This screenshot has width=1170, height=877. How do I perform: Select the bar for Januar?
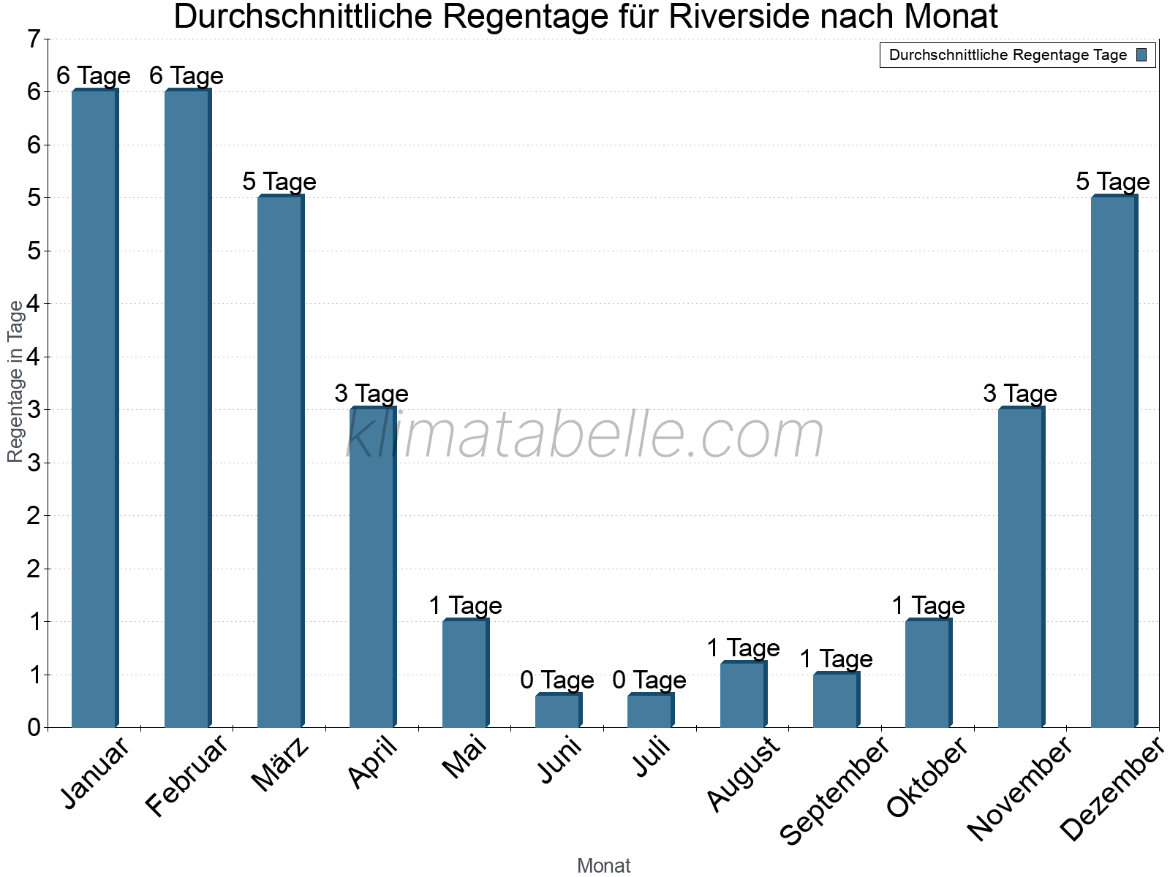(94, 409)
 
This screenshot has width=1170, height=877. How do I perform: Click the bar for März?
(279, 462)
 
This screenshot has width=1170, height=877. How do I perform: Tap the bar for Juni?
(557, 710)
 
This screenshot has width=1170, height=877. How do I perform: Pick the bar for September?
(835, 700)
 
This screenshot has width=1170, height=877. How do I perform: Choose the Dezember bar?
(1113, 462)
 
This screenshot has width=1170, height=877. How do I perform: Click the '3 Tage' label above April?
(371, 394)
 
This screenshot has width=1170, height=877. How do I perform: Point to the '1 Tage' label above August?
(743, 648)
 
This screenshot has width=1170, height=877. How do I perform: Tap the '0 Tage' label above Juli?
(649, 680)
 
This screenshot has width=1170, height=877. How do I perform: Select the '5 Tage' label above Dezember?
(1113, 182)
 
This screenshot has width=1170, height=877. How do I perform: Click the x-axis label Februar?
(187, 776)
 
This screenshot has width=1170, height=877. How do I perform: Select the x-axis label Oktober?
(927, 778)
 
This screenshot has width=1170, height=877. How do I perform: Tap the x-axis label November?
(1019, 788)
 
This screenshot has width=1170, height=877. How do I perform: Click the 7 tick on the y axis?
(34, 39)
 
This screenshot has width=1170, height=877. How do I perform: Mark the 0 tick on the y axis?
(34, 728)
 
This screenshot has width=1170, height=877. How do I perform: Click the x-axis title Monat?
(603, 866)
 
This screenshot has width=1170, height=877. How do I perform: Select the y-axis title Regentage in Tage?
(16, 381)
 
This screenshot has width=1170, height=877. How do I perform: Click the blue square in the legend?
(1142, 55)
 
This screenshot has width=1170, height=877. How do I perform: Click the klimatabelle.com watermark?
(585, 436)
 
